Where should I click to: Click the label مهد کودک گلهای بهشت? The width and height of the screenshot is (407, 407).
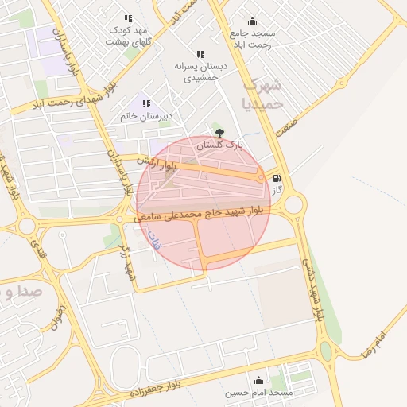[127, 35]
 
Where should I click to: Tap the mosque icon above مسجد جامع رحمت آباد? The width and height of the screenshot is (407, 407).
[253, 21]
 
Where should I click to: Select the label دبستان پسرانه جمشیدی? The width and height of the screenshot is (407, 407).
[206, 72]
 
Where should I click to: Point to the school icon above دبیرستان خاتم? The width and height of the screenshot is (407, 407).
[146, 103]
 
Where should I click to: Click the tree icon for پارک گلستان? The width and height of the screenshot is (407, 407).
[220, 133]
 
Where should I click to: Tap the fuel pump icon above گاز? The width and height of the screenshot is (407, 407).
[276, 180]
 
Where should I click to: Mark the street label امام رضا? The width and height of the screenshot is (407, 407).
[374, 343]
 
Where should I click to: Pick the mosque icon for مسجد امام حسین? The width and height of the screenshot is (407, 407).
[258, 380]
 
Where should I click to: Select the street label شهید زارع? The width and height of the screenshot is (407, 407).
[128, 262]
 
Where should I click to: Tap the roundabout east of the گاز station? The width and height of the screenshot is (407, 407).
[294, 205]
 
